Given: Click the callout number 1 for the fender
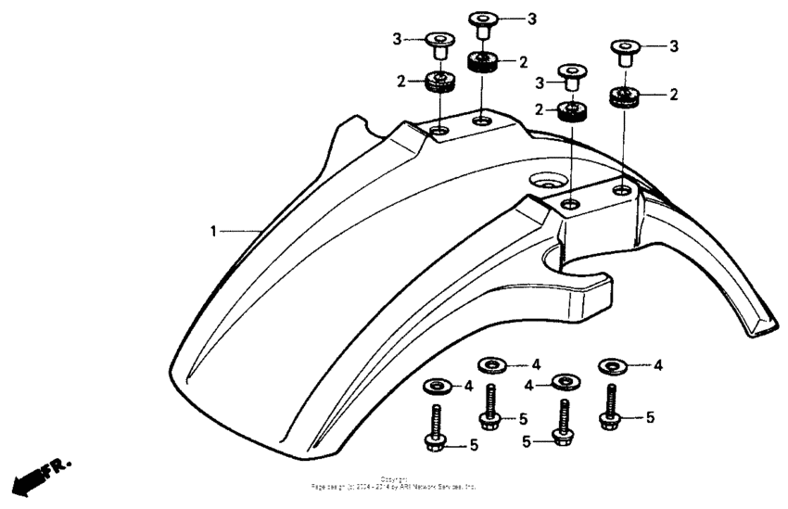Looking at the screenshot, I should point(213,231).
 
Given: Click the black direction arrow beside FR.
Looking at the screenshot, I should point(31,479).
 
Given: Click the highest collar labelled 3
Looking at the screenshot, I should point(483,23).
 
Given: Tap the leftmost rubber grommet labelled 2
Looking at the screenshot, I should point(438,82).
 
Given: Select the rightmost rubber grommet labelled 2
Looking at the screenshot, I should point(625,95).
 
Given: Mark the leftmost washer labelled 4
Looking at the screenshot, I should point(436,385).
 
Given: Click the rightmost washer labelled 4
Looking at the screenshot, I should point(612,365).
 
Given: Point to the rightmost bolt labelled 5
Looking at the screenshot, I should point(610,408).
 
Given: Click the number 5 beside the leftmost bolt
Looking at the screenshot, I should point(474,445).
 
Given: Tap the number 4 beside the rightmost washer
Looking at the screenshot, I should point(658,365).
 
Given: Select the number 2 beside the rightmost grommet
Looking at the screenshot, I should point(674,95).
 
